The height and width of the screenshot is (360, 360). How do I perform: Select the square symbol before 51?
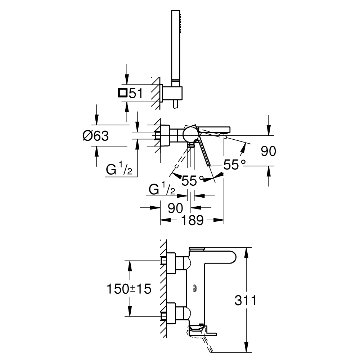[122, 93]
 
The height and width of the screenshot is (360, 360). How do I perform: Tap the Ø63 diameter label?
[95, 136]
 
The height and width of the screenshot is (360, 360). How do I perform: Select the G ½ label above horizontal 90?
[162, 190]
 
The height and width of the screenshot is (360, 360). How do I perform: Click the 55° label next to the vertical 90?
[234, 165]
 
